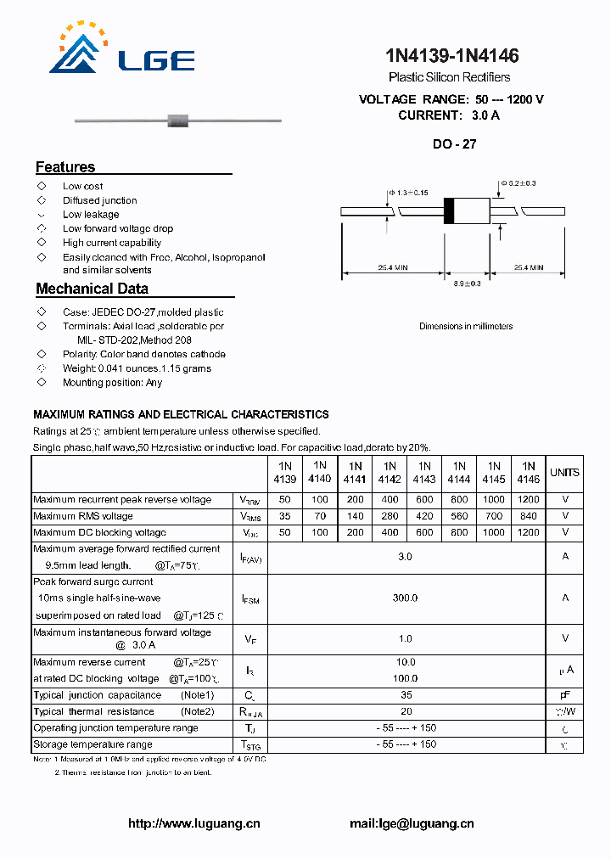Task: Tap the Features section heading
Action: [65, 167]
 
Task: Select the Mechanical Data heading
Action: [92, 289]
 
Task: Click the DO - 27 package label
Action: [454, 144]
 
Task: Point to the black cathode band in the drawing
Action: [449, 211]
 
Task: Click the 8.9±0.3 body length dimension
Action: [467, 284]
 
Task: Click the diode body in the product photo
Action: [177, 119]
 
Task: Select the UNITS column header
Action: [564, 473]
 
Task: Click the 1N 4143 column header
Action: [424, 473]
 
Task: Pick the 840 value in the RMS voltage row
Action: [528, 516]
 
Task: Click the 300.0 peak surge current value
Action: [405, 598]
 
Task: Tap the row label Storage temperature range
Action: [92, 744]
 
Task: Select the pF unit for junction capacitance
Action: [565, 695]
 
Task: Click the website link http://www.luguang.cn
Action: [193, 823]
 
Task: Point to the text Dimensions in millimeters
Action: [466, 326]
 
